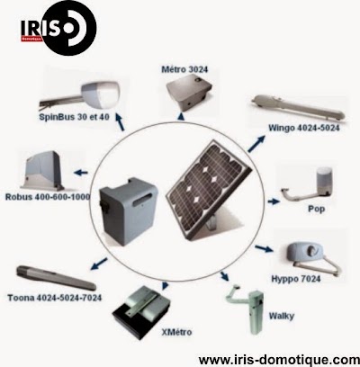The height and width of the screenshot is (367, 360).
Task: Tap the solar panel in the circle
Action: [x=210, y=190]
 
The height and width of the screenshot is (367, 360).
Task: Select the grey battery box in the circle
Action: [x=129, y=211]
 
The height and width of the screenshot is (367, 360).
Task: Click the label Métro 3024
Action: [x=184, y=69]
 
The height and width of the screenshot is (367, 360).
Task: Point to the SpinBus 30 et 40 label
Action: [x=74, y=117]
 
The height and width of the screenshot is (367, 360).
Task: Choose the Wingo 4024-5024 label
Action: [x=304, y=128]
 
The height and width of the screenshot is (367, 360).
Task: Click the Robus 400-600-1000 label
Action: [x=48, y=197]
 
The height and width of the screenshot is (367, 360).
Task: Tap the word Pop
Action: [x=316, y=209]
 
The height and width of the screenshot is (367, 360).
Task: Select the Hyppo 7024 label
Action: [x=296, y=279]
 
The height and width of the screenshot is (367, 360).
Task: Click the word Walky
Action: [x=282, y=316]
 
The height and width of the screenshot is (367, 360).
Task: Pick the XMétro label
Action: [x=176, y=332]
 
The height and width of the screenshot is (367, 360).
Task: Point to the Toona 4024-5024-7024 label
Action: [x=55, y=298]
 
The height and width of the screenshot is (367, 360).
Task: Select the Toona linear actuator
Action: [x=56, y=278]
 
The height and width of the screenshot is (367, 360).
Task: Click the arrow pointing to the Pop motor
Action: [x=274, y=201]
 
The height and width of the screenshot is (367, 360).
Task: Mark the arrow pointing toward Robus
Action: [x=81, y=173]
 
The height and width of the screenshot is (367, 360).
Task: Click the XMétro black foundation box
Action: [x=141, y=312]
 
